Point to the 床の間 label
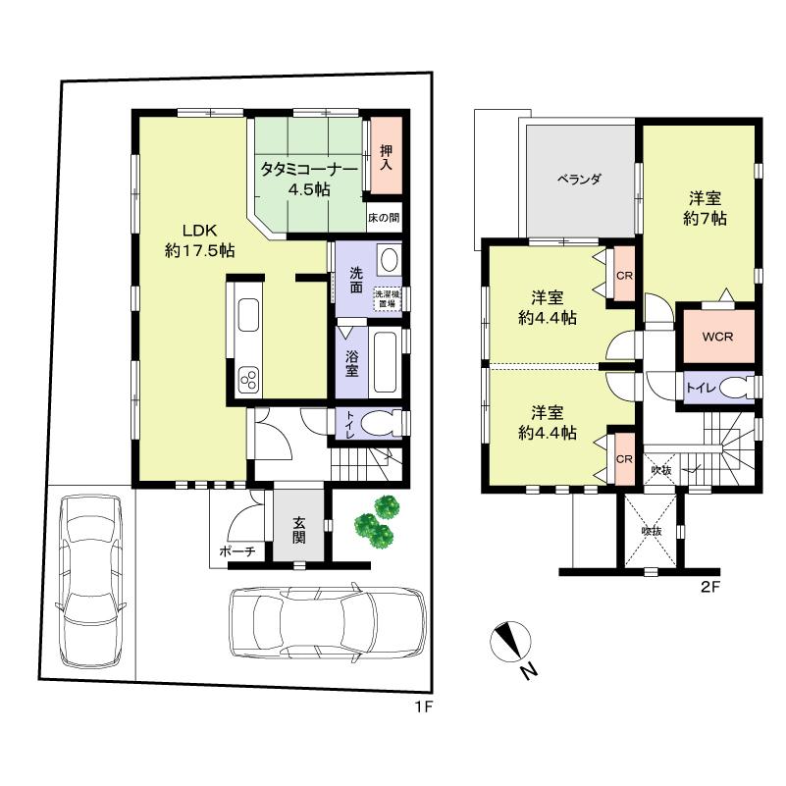pos(384,217)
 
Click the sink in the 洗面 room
pos(388,261)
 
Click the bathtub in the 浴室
pos(385,360)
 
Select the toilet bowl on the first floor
pos(383,423)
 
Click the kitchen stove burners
pos(247,378)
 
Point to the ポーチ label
pos(236,552)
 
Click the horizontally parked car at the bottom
pos(327,624)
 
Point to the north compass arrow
pos(509,642)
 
